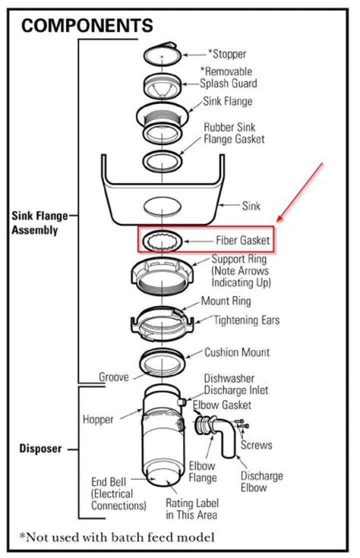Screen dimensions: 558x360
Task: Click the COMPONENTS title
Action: click(x=87, y=25)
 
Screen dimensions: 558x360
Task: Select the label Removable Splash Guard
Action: click(x=226, y=77)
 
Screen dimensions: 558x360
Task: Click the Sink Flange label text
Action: click(x=227, y=101)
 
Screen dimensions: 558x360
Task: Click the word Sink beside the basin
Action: click(x=251, y=205)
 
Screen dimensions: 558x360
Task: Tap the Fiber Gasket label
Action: click(x=242, y=240)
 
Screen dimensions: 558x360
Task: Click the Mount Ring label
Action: click(x=226, y=301)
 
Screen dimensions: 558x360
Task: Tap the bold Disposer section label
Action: click(x=40, y=448)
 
